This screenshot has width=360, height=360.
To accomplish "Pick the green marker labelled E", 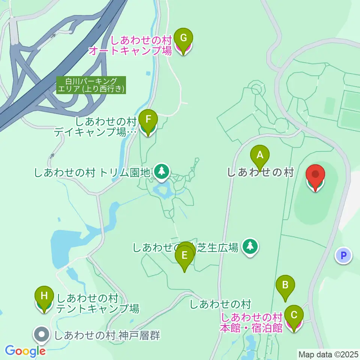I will (x=184, y=256).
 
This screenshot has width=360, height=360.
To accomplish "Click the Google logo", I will (x=25, y=351).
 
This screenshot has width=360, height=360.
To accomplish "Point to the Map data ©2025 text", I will (x=328, y=354).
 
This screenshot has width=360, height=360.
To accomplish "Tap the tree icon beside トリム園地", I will (x=162, y=171).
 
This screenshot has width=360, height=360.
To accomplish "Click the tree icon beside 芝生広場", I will (x=250, y=246).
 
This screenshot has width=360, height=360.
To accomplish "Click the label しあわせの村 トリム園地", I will (x=92, y=173).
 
